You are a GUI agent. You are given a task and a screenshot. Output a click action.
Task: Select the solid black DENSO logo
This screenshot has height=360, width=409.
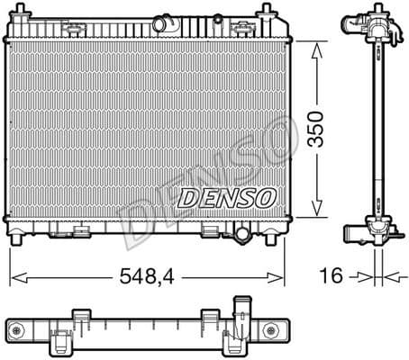tap(226, 197)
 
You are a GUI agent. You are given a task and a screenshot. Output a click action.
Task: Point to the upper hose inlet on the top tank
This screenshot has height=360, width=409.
tap(163, 22)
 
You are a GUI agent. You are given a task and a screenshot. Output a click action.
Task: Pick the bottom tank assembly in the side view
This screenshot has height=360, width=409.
tap(370, 232)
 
